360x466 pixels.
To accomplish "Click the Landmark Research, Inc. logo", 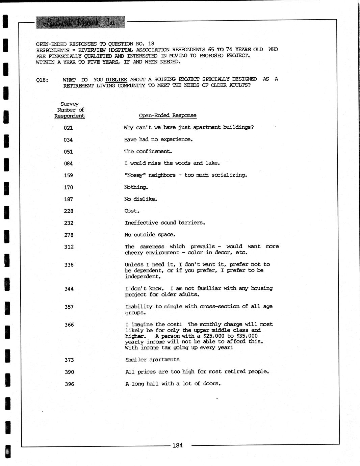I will coord(80,22).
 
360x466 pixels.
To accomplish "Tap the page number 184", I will coord(177,445).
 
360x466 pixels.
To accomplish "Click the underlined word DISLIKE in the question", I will coord(116,79).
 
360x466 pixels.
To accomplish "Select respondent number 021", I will coord(68,128).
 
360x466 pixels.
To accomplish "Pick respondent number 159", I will coord(68,176).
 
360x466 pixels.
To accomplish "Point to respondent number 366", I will coord(69,325).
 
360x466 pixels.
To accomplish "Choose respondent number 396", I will coord(69,384).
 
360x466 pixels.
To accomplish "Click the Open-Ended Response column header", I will coord(168,115).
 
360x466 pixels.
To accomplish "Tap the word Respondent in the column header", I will coord(70,116).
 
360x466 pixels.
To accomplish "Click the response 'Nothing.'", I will coord(136,187).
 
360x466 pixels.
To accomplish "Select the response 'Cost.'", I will coord(132,211).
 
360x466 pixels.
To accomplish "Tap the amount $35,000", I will coord(247,336).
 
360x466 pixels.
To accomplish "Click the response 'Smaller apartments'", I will coord(152,360).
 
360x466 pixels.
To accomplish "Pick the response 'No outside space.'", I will coord(150,235).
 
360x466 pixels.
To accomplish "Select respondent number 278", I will coord(69,235).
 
